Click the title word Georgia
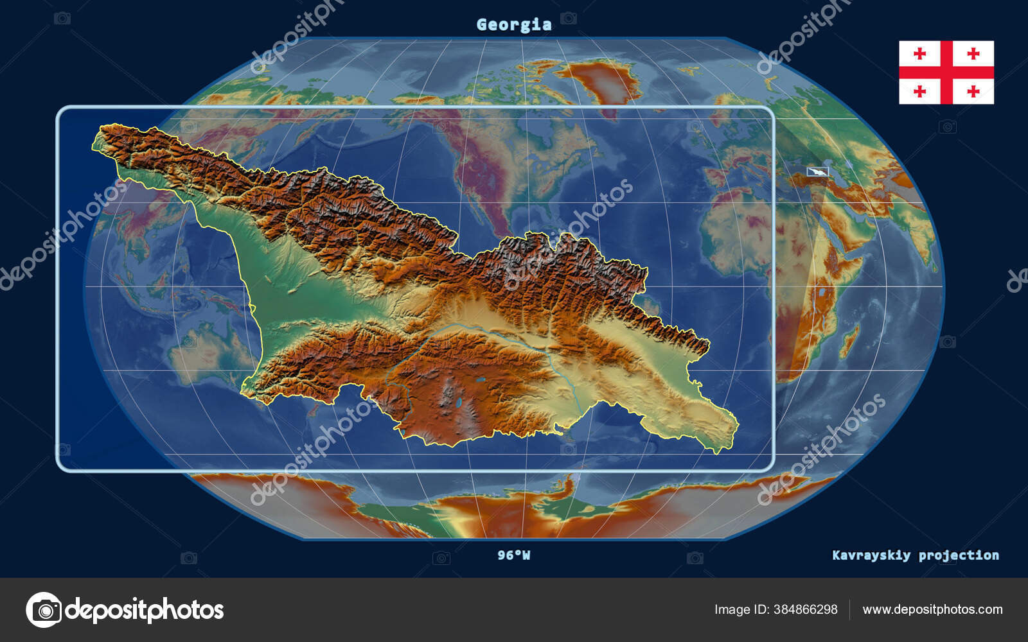pyautogui.click(x=514, y=24)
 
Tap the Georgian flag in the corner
pyautogui.click(x=946, y=72)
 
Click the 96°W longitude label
pyautogui.click(x=513, y=555)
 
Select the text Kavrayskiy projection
pyautogui.click(x=915, y=555)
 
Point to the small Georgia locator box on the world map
pyautogui.click(x=818, y=171)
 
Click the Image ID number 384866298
pyautogui.click(x=803, y=609)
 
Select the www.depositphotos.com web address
pyautogui.click(x=932, y=609)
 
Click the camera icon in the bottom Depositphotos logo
pyautogui.click(x=44, y=609)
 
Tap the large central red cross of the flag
pyautogui.click(x=946, y=72)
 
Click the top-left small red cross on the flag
pyautogui.click(x=919, y=54)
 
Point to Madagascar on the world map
pyautogui.click(x=848, y=340)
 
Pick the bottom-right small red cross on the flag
pyautogui.click(x=973, y=91)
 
